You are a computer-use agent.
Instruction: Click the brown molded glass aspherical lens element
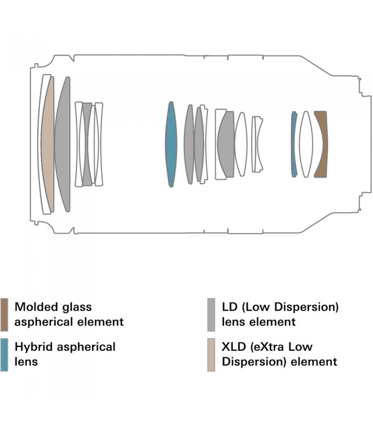point(320,144)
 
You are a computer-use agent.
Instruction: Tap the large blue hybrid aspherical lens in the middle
point(171,144)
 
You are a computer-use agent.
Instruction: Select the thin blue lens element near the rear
point(293,144)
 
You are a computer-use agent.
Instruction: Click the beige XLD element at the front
point(47,144)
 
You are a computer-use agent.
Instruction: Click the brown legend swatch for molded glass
point(4,314)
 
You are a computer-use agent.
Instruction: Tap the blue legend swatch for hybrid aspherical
point(4,354)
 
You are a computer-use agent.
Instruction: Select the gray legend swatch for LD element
point(211,314)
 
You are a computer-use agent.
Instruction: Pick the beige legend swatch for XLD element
point(211,354)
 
